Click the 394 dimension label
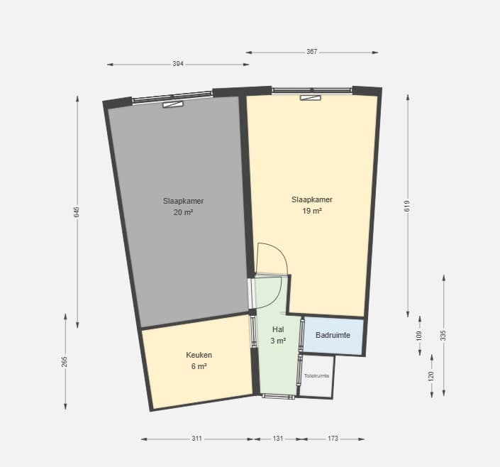(x=178, y=64)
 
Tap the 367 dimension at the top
(x=311, y=52)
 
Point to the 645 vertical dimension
(x=77, y=212)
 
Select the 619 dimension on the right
(x=407, y=206)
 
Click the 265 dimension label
(x=65, y=362)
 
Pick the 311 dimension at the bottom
(x=196, y=439)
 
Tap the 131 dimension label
(x=278, y=439)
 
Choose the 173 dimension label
(x=333, y=439)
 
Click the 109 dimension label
(x=419, y=336)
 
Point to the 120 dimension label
(x=431, y=376)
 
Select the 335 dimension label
(x=443, y=336)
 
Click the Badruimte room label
(x=333, y=335)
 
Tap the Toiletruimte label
(x=316, y=376)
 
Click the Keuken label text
(x=199, y=355)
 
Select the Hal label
(x=278, y=329)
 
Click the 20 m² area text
(x=184, y=212)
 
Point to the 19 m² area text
(x=312, y=211)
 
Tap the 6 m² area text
(x=199, y=366)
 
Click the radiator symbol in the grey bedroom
(x=173, y=104)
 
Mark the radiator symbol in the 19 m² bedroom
(x=311, y=98)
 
